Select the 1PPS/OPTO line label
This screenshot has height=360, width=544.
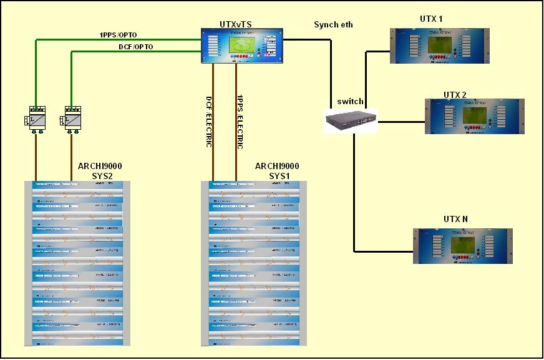tap(119, 34)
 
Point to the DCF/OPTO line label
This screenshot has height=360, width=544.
tap(135, 47)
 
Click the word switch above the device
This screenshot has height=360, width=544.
tap(350, 101)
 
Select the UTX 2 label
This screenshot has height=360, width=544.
tap(455, 94)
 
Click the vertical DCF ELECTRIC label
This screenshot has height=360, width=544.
tap(210, 121)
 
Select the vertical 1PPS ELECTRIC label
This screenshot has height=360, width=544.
tap(240, 121)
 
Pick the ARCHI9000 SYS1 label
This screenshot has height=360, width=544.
tap(277, 171)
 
